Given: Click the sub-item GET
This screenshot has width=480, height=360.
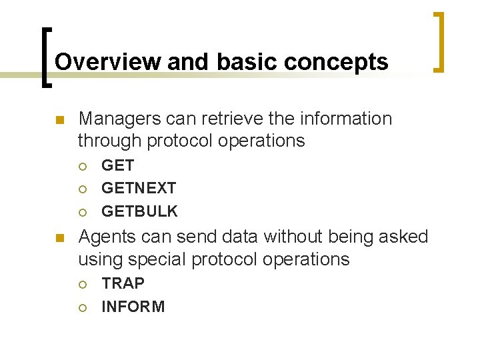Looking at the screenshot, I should [x=118, y=165].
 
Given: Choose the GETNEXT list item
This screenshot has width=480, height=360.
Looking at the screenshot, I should [x=139, y=189].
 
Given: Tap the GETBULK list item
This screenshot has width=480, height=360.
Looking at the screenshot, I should [x=139, y=211].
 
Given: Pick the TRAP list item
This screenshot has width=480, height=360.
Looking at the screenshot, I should [x=123, y=283].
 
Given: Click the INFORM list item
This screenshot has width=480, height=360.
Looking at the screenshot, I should [x=133, y=307].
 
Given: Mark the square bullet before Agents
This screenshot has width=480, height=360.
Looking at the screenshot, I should [x=59, y=238].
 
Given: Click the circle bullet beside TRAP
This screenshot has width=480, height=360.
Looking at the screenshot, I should [x=83, y=284].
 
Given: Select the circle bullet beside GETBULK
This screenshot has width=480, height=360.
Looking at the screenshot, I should [x=83, y=212].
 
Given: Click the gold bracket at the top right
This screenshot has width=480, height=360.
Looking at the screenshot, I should [x=438, y=41].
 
